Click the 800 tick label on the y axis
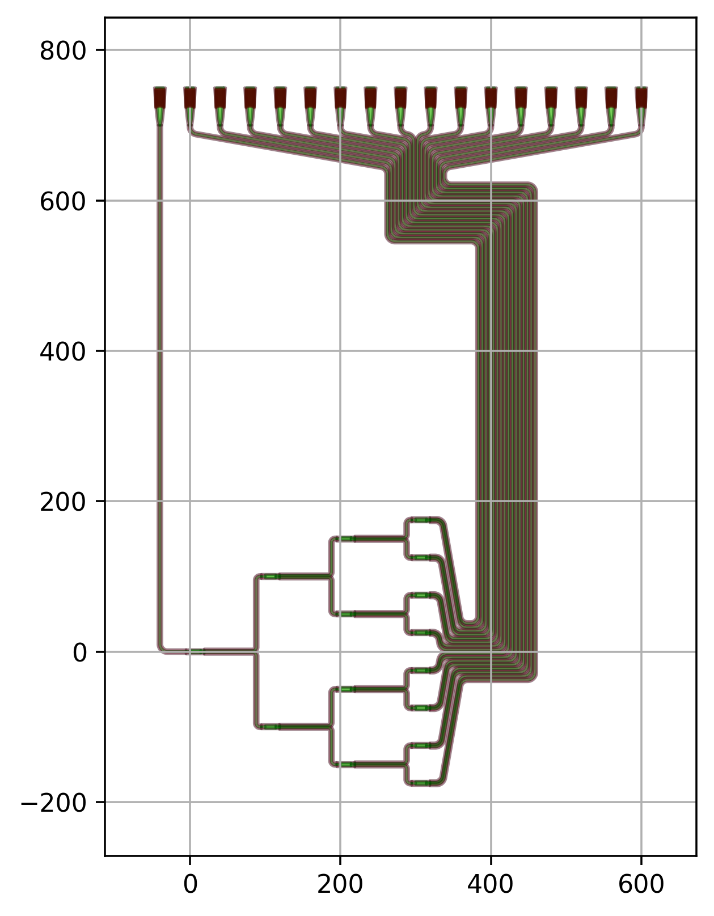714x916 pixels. click(62, 52)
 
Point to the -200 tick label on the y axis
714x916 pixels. click(53, 803)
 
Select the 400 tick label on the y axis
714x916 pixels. click(62, 352)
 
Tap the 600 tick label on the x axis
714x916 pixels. click(641, 884)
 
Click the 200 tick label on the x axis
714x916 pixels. click(340, 884)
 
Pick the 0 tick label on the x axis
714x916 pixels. click(190, 884)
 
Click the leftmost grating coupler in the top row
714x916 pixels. click(159, 106)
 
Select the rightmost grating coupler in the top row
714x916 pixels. click(641, 106)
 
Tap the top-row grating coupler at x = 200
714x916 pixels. click(340, 106)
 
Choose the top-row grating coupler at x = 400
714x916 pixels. click(491, 106)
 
